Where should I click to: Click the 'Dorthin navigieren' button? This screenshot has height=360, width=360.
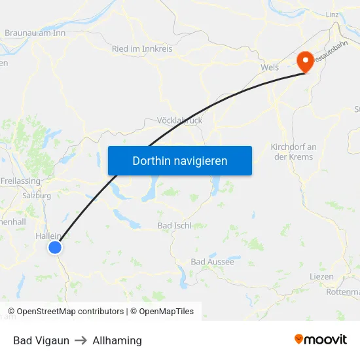(x=180, y=160)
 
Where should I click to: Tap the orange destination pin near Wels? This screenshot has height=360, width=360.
(x=304, y=62)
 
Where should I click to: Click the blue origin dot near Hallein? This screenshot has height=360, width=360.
(x=55, y=247)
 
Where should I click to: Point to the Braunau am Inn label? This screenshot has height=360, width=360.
(x=35, y=32)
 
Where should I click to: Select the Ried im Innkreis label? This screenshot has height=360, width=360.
(x=142, y=49)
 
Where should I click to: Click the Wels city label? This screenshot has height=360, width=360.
(x=269, y=67)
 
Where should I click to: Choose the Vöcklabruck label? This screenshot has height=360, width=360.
(x=180, y=120)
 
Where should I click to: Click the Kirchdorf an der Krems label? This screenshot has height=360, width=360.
(x=293, y=152)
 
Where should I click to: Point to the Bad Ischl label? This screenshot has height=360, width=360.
(x=173, y=226)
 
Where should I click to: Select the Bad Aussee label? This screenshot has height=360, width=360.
(x=212, y=262)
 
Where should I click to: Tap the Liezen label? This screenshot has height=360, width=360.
(x=321, y=277)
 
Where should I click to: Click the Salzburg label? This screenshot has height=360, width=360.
(x=37, y=195)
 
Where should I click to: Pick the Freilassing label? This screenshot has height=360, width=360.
(x=20, y=181)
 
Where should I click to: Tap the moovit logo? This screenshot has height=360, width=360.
(x=321, y=340)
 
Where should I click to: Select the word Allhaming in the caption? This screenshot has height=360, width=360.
(x=117, y=340)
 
